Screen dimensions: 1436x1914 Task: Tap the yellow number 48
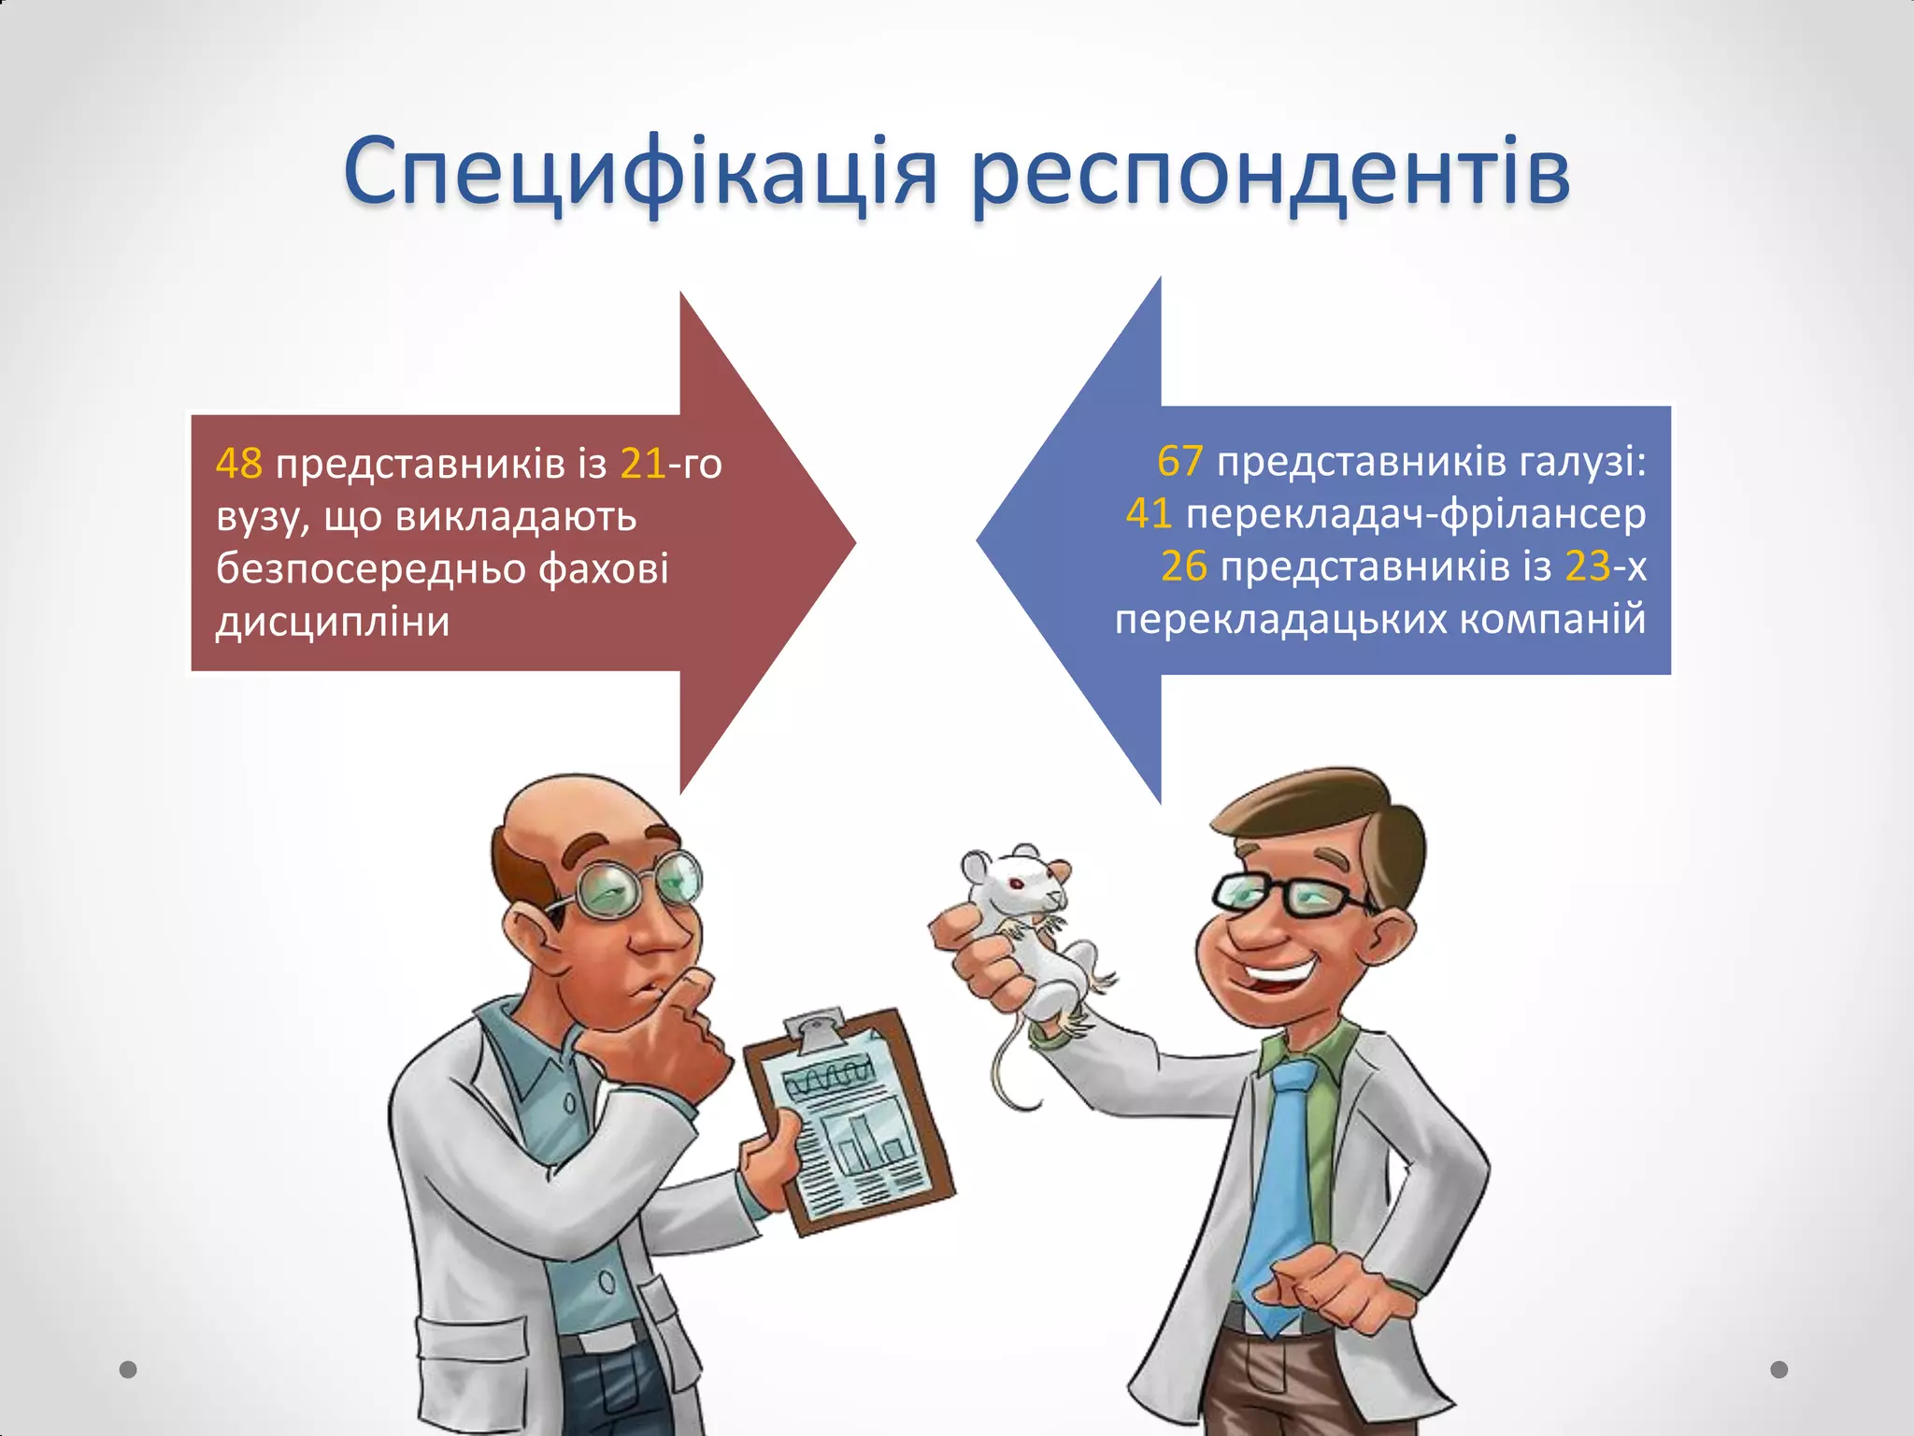pos(239,464)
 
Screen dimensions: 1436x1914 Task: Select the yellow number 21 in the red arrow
pos(643,464)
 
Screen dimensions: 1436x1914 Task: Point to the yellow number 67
pos(1179,461)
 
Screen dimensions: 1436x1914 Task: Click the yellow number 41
pos(1149,513)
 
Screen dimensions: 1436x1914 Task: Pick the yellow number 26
pos(1183,566)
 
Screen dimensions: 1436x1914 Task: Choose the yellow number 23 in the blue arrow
pos(1588,566)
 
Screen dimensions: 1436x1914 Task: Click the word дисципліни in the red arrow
pos(333,622)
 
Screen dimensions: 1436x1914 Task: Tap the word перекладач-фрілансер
pos(1415,513)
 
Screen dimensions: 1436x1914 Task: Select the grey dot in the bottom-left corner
pos(128,1370)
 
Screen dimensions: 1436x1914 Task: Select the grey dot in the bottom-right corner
pos(1779,1370)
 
